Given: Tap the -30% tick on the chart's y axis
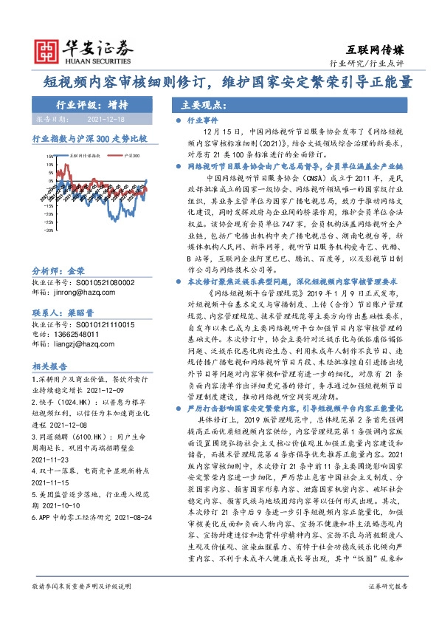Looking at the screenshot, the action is (x=49, y=229).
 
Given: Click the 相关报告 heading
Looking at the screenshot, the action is (x=50, y=366).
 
